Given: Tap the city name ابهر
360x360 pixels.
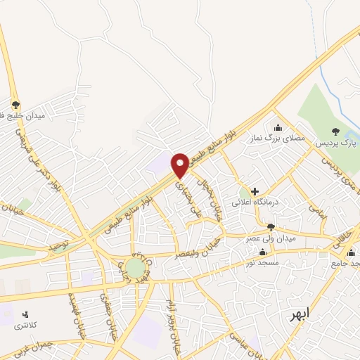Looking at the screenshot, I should coord(299,315).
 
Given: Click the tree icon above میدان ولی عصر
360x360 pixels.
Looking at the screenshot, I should coord(271,226).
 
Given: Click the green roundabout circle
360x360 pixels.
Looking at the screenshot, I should coord(134,267).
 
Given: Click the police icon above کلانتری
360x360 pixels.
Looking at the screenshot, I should coord(27,314).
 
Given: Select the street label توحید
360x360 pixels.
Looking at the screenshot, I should coord(62,246).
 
